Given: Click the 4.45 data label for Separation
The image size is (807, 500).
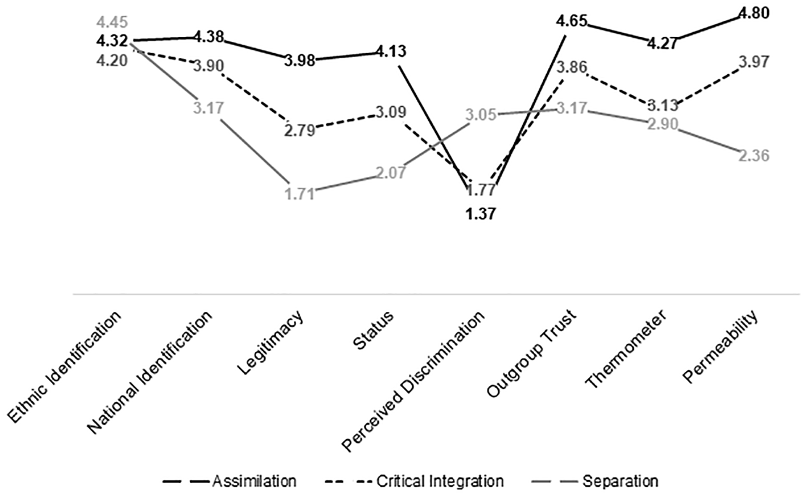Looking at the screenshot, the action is [x=112, y=22].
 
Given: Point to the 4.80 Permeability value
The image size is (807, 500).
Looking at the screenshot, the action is [x=753, y=13].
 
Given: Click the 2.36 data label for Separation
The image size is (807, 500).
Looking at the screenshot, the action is [x=753, y=156].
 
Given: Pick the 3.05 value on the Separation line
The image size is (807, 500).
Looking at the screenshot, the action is [x=481, y=115].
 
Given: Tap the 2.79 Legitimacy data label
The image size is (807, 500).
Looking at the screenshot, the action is [x=300, y=131].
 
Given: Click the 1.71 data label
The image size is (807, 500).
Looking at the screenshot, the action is [x=300, y=194].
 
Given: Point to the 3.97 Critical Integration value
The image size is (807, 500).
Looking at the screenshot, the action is [x=753, y=62].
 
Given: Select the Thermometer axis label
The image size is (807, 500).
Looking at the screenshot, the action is [x=626, y=349].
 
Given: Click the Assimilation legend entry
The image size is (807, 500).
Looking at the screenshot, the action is [x=230, y=481].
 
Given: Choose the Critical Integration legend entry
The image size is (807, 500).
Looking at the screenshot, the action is [x=414, y=481].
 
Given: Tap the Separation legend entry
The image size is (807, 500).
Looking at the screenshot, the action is [x=595, y=481].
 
